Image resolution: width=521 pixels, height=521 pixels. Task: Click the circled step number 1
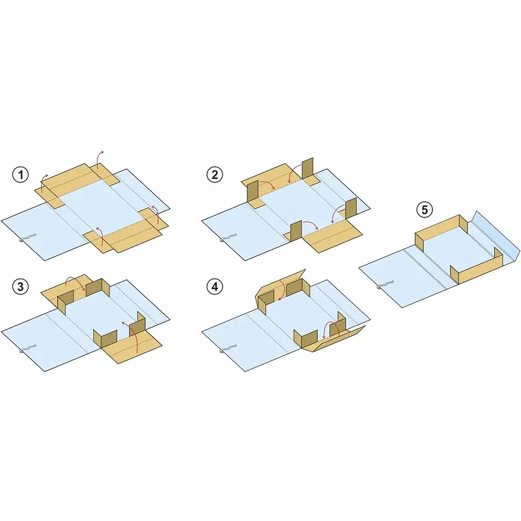21,175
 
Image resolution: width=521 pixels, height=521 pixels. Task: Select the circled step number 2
215,175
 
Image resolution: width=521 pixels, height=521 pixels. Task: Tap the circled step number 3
21,286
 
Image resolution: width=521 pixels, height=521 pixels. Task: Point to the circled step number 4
215,286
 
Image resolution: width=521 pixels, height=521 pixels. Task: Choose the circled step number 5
425,210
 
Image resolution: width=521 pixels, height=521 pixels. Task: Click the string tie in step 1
27,238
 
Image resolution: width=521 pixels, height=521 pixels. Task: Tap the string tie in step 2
227,238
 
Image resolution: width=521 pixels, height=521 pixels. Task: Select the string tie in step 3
27,349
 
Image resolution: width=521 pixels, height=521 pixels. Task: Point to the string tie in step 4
227,349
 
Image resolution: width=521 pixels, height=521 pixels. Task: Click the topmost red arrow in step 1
99,158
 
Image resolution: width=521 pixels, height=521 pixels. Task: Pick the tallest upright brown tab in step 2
307,169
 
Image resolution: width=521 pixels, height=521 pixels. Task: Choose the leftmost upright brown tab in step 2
253,191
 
